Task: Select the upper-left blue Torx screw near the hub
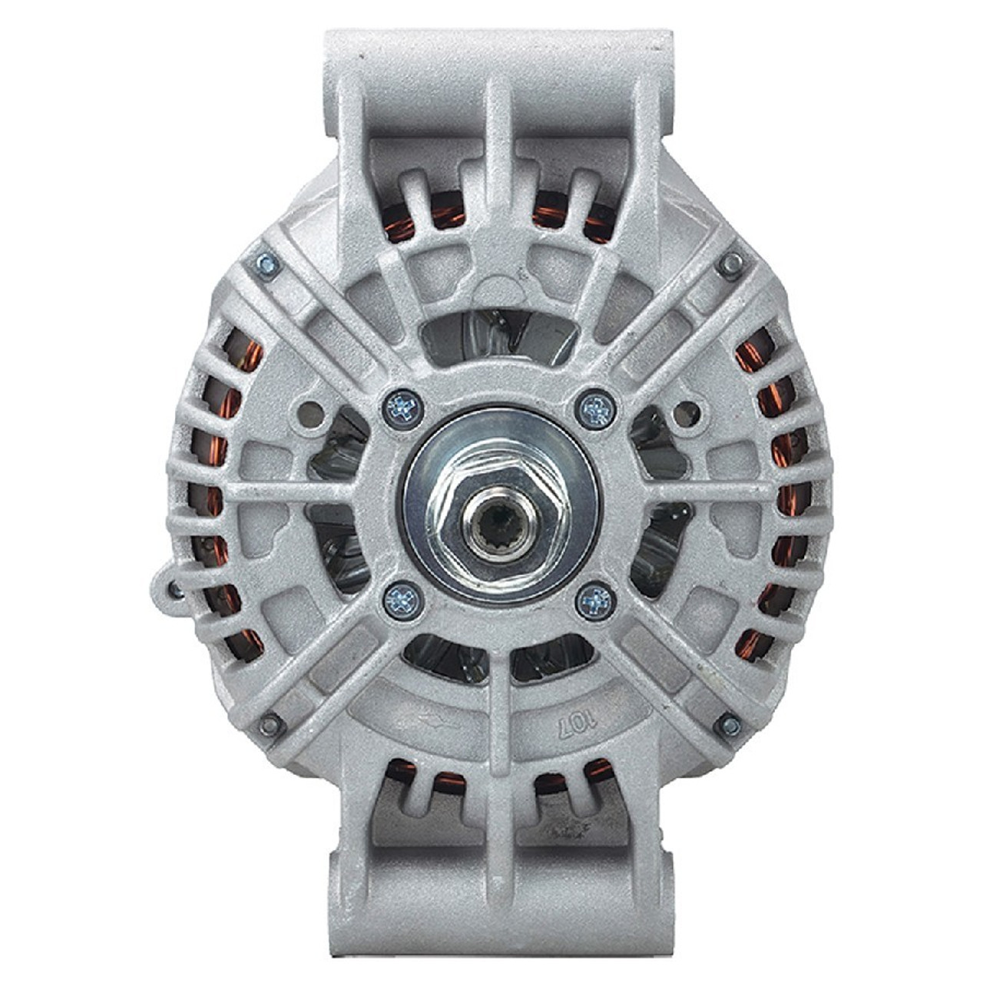pos(402,409)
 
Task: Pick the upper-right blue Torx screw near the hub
pos(597,409)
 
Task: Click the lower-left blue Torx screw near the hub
pos(402,600)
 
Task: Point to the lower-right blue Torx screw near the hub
pos(597,600)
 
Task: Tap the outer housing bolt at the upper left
pos(266,265)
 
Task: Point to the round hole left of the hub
pos(311,413)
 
